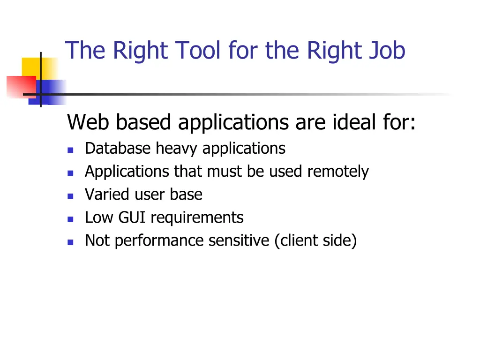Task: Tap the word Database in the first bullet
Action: click(118, 149)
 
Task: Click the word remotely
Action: click(338, 172)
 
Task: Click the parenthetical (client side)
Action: click(315, 241)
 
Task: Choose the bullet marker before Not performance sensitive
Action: click(70, 242)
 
